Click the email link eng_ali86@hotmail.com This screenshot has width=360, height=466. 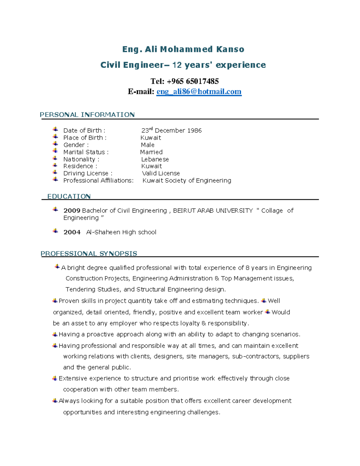click(x=199, y=92)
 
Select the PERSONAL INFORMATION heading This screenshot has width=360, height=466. click(x=87, y=115)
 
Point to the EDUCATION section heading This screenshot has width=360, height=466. click(x=69, y=196)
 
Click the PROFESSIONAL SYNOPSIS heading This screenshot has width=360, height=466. click(x=89, y=254)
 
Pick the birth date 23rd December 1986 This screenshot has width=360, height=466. click(x=172, y=131)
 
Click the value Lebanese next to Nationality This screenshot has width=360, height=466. click(x=155, y=159)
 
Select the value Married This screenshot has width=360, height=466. click(x=151, y=152)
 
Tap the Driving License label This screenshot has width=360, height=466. click(x=86, y=173)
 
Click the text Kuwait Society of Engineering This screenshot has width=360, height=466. click(x=187, y=181)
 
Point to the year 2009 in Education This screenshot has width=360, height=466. click(x=72, y=211)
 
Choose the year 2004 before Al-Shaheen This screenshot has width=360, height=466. click(x=72, y=232)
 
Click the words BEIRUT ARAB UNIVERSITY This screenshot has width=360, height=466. click(x=213, y=211)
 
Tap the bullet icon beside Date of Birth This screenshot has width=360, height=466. click(x=55, y=129)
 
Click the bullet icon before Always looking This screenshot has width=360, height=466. click(x=55, y=401)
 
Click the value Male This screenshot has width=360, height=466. click(x=148, y=145)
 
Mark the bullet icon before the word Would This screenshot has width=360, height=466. click(x=268, y=312)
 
